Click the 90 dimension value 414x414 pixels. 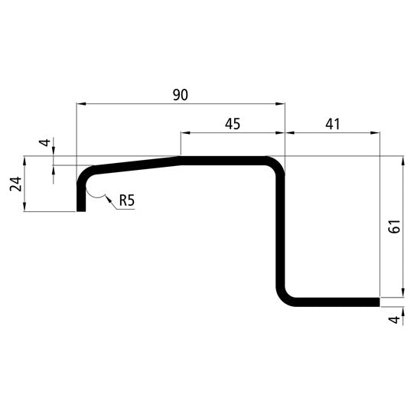point(180,94)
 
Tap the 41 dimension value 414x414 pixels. point(331,123)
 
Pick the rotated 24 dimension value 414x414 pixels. point(16,184)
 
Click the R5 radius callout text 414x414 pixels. point(128,202)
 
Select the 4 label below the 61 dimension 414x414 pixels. point(393,320)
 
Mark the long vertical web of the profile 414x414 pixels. point(280,230)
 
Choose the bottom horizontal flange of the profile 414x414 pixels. point(333,302)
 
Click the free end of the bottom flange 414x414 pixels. point(377,302)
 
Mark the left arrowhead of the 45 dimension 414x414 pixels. point(184,132)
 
